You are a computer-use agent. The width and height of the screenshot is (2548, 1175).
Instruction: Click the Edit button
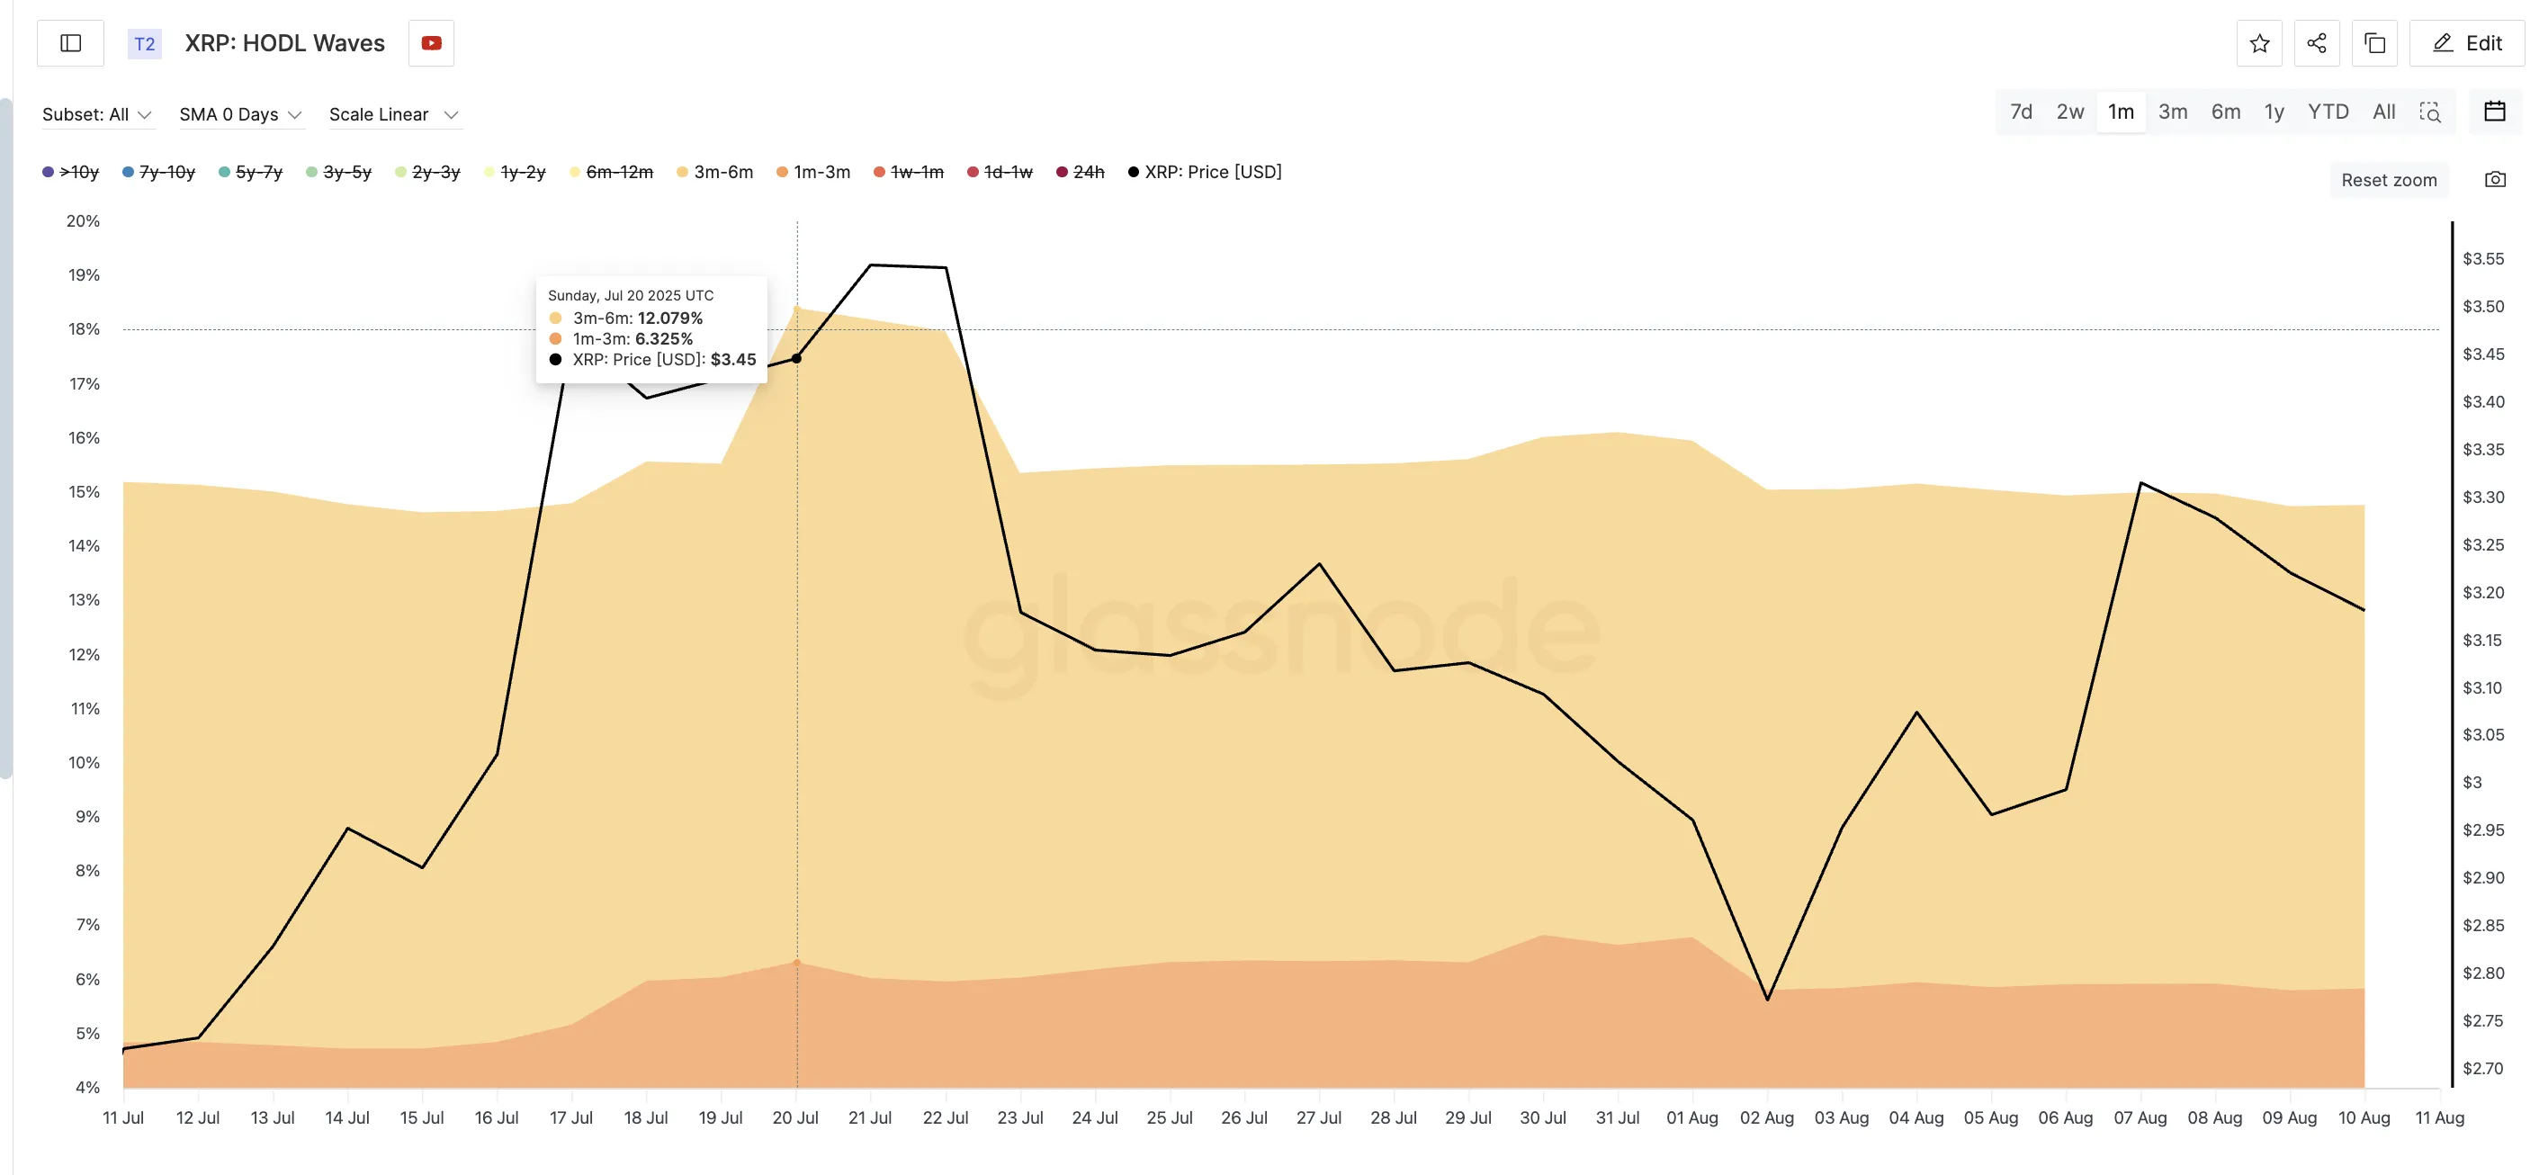tap(2467, 43)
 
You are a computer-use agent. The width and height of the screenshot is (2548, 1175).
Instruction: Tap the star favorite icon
tap(2259, 43)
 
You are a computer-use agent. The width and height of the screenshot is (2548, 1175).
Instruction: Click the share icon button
tap(2317, 43)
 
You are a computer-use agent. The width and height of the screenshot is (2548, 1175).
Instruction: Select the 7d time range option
tap(2021, 112)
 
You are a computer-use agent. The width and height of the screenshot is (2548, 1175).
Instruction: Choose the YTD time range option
tap(2328, 112)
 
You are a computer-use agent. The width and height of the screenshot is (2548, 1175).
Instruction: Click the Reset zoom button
tap(2389, 180)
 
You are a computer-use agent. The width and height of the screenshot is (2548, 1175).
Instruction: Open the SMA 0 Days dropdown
tap(239, 115)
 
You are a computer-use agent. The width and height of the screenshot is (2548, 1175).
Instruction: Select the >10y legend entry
tap(71, 172)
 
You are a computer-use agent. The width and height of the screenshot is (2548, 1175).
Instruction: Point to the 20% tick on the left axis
tap(83, 220)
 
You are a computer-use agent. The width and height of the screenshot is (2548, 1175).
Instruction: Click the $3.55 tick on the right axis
tap(2482, 259)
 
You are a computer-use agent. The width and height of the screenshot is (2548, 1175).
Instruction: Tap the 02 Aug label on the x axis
tap(1766, 1117)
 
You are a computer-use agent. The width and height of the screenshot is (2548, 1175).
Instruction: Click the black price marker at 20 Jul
tap(796, 358)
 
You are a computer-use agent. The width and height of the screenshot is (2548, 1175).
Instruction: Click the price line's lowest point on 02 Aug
tap(1768, 999)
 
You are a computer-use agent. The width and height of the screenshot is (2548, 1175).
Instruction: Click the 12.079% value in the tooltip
tap(669, 318)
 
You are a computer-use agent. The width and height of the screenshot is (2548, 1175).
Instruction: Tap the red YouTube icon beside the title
tap(431, 43)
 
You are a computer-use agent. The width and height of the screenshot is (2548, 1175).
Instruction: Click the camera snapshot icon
tap(2495, 180)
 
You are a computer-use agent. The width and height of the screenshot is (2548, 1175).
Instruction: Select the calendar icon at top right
tap(2495, 112)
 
